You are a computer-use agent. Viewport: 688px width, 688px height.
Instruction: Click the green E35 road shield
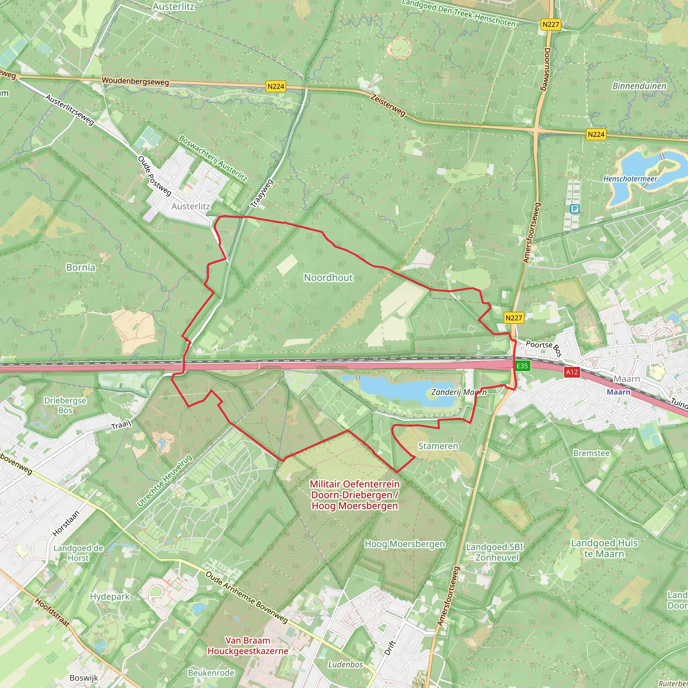[x=522, y=366]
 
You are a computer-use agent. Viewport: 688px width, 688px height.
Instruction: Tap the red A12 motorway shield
[x=572, y=372]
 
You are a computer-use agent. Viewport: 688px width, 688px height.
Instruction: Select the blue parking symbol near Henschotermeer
[x=574, y=209]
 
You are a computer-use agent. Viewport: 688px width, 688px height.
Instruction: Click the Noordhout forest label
[x=328, y=277]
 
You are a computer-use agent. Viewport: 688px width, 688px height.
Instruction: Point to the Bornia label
[x=81, y=267]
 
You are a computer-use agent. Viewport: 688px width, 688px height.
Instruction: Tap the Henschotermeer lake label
[x=630, y=179]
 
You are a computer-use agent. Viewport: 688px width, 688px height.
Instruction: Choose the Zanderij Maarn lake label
[x=459, y=392]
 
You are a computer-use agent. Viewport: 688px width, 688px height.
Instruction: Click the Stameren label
[x=438, y=446]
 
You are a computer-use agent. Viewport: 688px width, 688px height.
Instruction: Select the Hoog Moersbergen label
[x=405, y=544]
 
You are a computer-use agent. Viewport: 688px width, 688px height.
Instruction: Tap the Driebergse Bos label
[x=65, y=405]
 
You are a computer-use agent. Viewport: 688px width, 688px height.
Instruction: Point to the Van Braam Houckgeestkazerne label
[x=248, y=646]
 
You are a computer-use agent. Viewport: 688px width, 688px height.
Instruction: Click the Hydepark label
[x=110, y=597]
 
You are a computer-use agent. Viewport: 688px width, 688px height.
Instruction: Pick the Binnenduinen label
[x=639, y=86]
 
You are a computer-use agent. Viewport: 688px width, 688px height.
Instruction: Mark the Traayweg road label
[x=262, y=194]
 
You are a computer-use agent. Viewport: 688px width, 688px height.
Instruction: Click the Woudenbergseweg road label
[x=135, y=81]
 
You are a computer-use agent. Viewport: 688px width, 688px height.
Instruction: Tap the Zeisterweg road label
[x=388, y=105]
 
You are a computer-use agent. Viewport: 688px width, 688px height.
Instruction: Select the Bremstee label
[x=592, y=453]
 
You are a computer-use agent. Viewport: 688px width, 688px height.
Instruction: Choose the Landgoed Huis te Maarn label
[x=604, y=548]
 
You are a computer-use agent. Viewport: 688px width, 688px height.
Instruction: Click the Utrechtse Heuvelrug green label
[x=165, y=480]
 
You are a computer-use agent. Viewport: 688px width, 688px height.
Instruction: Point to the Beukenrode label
[x=211, y=673]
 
